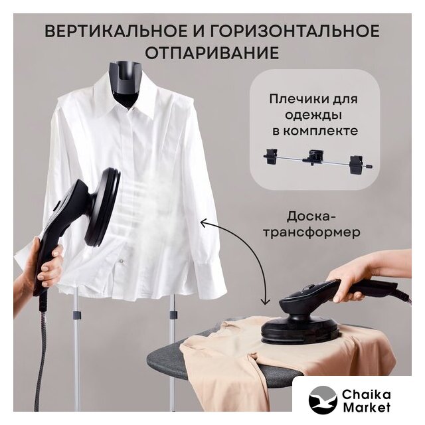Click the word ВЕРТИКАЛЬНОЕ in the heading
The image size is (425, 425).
(116, 31)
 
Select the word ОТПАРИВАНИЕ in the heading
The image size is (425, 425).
(212, 52)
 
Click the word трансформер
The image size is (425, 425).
(312, 232)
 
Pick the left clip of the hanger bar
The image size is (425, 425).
(272, 156)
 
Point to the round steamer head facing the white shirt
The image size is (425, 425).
(104, 207)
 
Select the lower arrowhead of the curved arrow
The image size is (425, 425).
(265, 301)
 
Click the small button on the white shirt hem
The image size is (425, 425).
(121, 261)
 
